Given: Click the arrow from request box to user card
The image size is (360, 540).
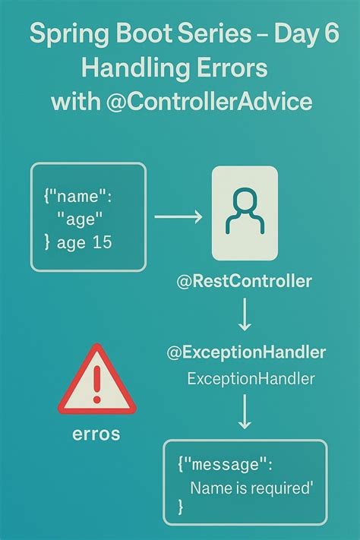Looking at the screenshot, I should pos(178,216).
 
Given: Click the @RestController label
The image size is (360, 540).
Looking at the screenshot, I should pos(244,282).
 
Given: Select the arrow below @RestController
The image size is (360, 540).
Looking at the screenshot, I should pos(244,314).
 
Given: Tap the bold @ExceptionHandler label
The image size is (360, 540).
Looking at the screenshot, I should pos(246,352).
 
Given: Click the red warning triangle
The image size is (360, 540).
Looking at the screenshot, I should pos(96,380).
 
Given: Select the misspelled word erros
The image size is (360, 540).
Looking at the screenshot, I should pos(96,434).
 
